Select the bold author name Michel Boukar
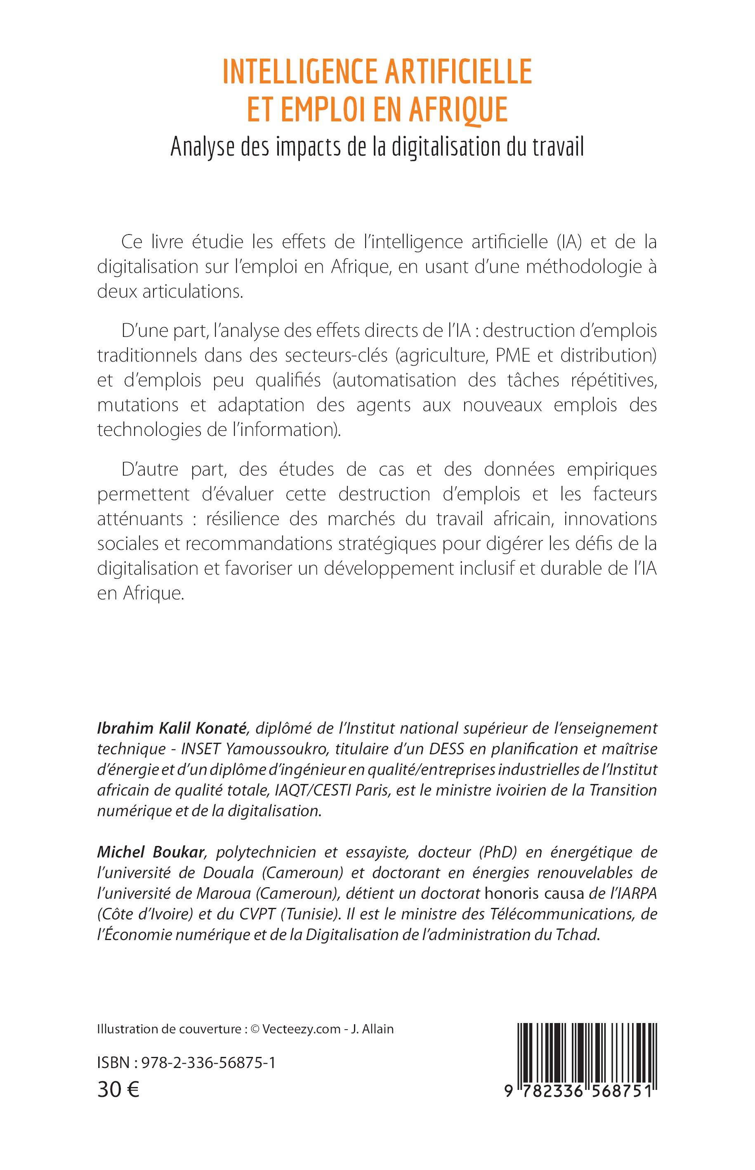[x=150, y=853]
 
